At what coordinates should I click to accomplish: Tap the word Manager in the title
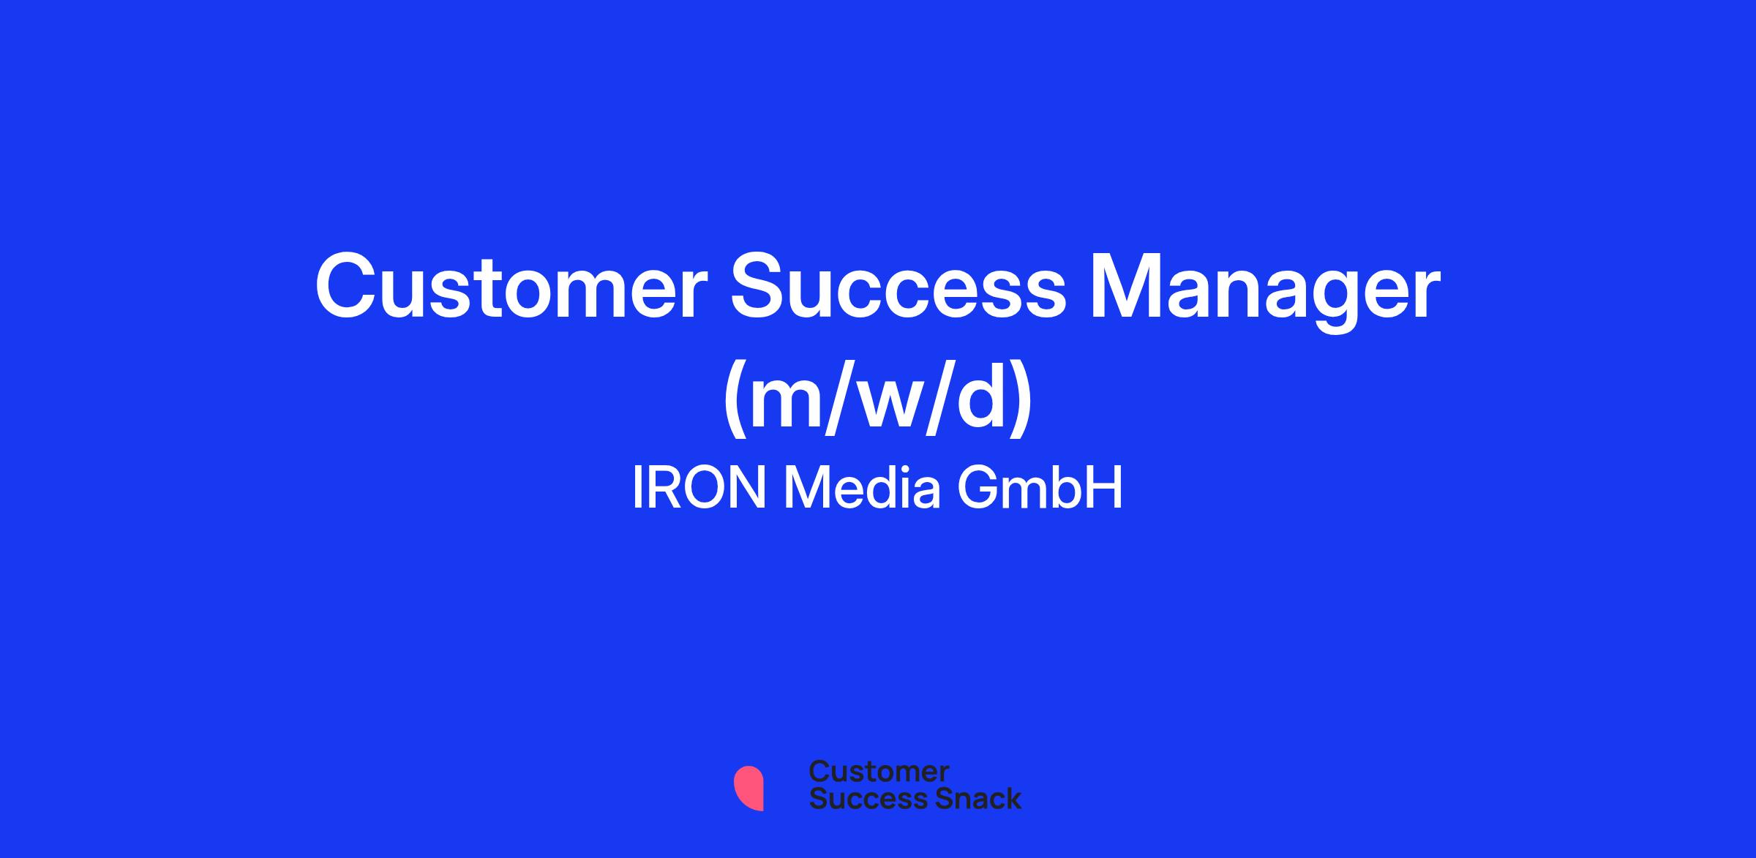[1265, 293]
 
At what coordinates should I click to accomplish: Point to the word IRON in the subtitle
[699, 489]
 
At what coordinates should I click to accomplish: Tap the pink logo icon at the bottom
[749, 788]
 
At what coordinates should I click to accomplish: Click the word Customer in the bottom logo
[879, 771]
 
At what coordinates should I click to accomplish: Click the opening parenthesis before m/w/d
[735, 402]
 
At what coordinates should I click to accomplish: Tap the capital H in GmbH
[1104, 489]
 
